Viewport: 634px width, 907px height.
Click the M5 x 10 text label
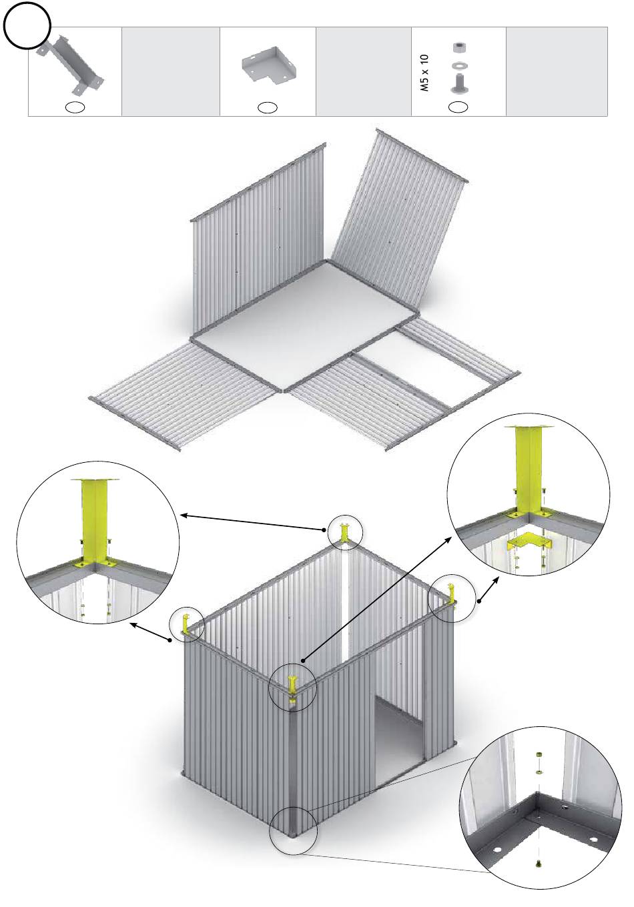click(x=424, y=73)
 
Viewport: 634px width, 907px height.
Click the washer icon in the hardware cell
click(x=458, y=65)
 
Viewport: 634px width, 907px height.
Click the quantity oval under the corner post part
click(x=75, y=108)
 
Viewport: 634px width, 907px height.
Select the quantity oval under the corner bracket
click(x=268, y=108)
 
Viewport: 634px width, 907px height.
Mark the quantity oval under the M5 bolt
click(x=458, y=107)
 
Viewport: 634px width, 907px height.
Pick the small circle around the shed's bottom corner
click(x=293, y=831)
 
